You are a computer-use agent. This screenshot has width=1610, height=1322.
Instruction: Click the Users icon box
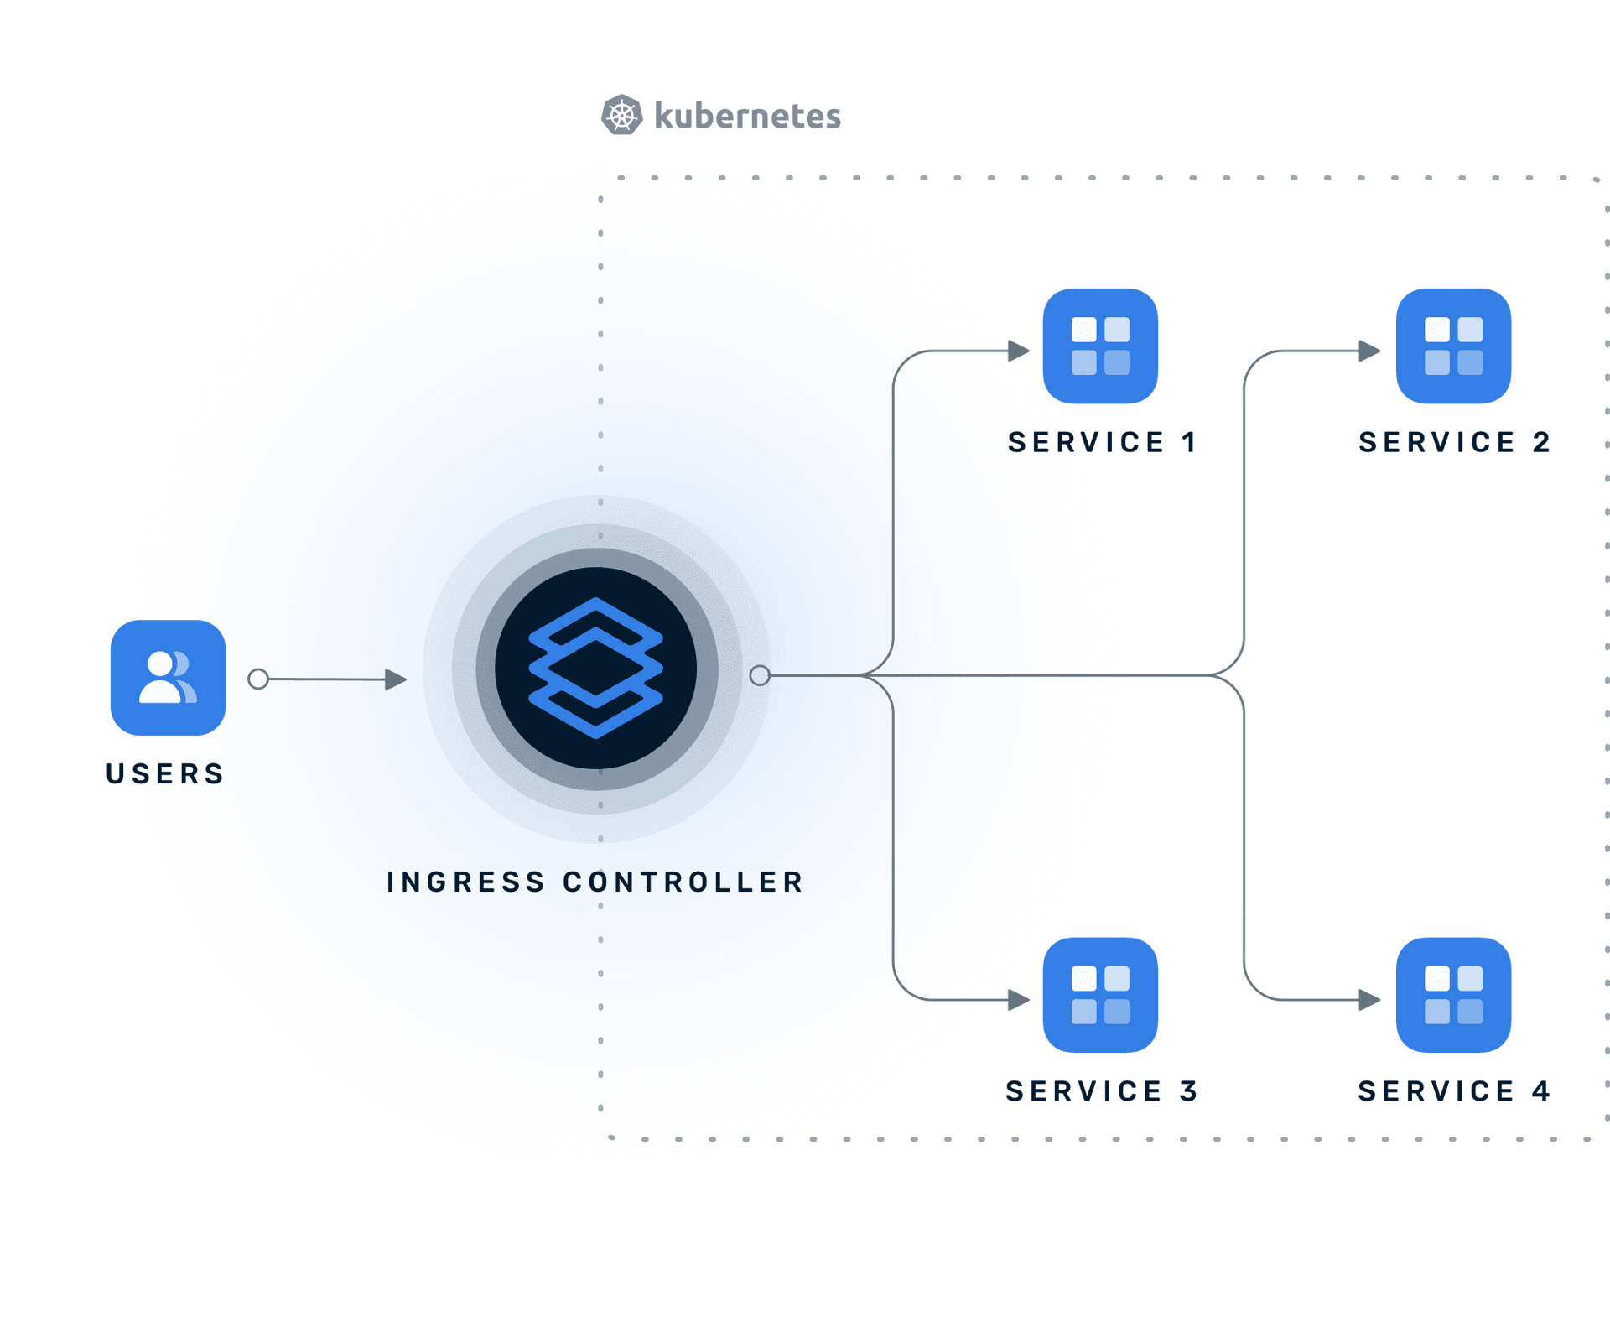coord(168,678)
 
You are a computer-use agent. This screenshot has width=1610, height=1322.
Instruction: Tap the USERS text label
coord(165,773)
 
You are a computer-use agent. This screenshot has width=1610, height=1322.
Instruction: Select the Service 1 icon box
coord(1100,346)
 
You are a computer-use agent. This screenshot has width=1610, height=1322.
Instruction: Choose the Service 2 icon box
coord(1453,346)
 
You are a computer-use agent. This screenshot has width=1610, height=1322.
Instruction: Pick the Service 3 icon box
coord(1100,995)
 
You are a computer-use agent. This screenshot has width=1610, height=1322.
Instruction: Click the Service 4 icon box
coord(1453,995)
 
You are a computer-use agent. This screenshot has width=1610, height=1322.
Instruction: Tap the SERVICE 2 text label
coord(1454,442)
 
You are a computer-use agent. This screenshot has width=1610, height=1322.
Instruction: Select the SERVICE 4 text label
coord(1454,1090)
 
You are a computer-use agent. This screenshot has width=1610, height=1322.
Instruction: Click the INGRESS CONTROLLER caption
coord(595,882)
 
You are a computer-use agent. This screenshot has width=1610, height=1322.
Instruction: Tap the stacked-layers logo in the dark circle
coord(595,669)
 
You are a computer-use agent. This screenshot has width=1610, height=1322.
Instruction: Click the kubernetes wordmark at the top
coord(747,116)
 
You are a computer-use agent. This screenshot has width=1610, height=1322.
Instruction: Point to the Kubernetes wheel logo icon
coord(622,115)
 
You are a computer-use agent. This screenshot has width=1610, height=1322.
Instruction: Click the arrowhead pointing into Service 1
coord(1018,351)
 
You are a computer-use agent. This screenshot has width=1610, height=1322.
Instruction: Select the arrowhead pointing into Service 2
coord(1369,351)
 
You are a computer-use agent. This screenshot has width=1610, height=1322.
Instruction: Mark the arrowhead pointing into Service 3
coord(1018,999)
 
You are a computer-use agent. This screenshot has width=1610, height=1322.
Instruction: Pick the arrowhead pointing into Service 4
coord(1369,999)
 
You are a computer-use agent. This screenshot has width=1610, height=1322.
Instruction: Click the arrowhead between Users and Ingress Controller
coord(395,679)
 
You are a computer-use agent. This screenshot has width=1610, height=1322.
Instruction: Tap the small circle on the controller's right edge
coord(760,675)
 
